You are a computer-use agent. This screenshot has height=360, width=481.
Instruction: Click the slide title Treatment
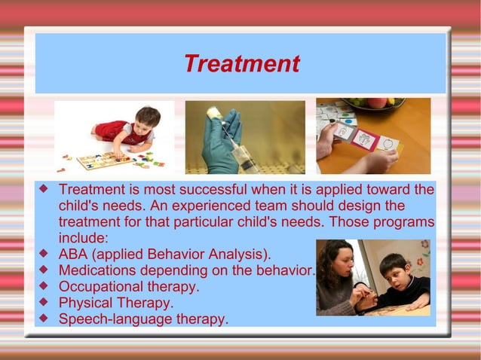[240, 64]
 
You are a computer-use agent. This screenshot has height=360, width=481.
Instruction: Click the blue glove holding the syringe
[218, 143]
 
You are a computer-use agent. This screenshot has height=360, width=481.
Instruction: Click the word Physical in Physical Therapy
[84, 303]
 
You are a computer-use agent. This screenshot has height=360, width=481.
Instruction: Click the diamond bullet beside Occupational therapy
[44, 286]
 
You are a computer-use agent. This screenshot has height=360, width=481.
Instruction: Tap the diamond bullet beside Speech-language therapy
[44, 319]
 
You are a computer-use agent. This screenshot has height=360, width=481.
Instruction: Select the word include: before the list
[84, 238]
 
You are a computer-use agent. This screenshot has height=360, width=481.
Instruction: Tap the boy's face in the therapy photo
[394, 270]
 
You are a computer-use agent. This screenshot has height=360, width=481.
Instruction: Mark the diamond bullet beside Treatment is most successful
[44, 188]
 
